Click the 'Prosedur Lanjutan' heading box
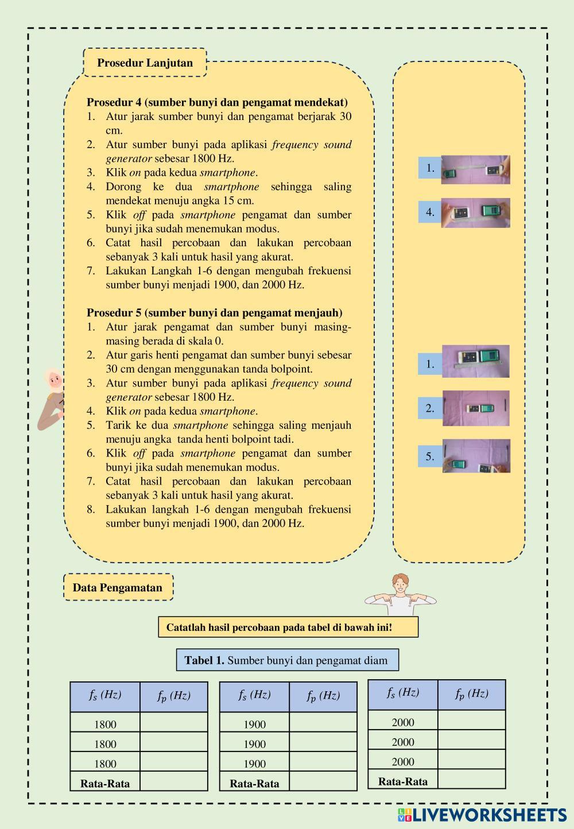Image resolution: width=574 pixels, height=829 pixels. (145, 63)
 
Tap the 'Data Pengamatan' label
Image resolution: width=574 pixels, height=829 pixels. (118, 587)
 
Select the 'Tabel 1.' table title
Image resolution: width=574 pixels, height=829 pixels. (287, 660)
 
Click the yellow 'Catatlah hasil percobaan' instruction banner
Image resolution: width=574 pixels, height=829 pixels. (288, 627)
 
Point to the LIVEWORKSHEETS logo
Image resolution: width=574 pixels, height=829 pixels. (482, 815)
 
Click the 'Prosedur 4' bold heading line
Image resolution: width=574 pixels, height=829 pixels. (217, 102)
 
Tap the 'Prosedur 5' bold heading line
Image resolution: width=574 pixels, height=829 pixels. (214, 313)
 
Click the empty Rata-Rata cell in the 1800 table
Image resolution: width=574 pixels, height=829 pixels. (173, 781)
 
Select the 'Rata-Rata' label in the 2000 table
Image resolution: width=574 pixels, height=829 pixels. (402, 781)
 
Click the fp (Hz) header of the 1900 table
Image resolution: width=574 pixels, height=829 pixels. (323, 696)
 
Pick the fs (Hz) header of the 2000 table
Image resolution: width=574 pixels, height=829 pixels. (402, 693)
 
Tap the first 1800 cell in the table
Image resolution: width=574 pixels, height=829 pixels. (105, 725)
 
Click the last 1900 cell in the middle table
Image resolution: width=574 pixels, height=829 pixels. (254, 764)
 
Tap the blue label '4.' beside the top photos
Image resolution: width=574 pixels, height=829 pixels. (430, 212)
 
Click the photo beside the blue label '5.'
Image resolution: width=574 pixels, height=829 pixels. (476, 456)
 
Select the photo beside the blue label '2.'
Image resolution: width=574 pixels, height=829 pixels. (476, 408)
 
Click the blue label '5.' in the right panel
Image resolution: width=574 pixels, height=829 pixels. (430, 457)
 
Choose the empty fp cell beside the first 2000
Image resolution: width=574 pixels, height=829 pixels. (471, 720)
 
